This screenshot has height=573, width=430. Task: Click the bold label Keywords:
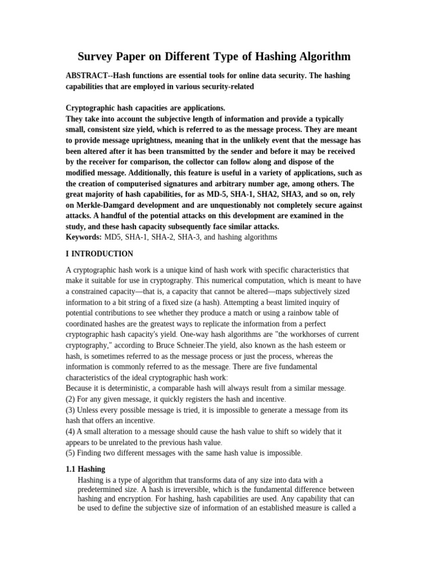[x=84, y=237]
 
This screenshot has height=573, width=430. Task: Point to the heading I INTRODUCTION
[x=100, y=254]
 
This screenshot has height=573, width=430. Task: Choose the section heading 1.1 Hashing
[x=86, y=469]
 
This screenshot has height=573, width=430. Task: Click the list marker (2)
[x=71, y=399]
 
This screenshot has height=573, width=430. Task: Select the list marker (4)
[x=71, y=431]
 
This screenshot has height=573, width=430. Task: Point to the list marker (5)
[x=71, y=453]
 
